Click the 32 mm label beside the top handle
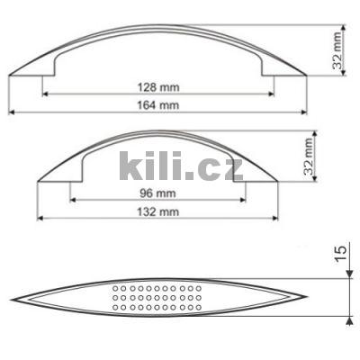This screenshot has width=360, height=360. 337,52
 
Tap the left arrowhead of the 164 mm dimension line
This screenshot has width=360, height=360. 13,112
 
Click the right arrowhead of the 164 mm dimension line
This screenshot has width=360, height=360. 304,112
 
